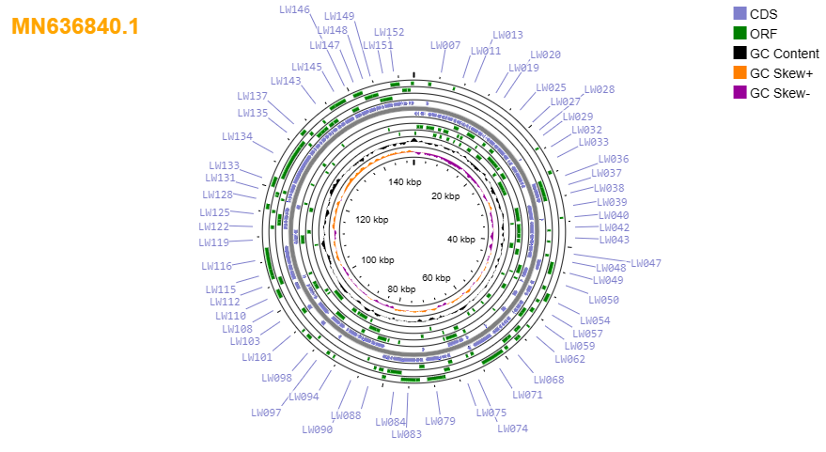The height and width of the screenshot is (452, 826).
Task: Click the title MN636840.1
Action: point(75,26)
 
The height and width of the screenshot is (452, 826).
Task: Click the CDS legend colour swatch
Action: point(740,14)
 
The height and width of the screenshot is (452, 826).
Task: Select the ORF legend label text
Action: point(763,34)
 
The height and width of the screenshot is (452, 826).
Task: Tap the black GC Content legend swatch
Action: point(740,54)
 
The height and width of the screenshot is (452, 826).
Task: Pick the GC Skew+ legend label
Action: point(781,73)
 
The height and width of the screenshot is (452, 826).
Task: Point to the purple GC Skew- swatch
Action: point(740,93)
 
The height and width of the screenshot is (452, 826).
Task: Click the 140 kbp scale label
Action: point(405,182)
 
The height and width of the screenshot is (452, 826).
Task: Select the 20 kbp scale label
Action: point(445,196)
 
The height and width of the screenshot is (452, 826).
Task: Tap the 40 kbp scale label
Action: point(461,240)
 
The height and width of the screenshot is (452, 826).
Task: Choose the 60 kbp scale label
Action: point(436,277)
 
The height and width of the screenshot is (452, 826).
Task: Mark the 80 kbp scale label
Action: point(401,288)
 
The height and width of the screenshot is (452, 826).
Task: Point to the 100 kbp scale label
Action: point(378,259)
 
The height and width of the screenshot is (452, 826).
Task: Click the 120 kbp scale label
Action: point(372,220)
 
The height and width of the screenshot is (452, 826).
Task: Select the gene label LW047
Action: point(646,263)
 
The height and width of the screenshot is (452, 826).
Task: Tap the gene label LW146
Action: point(294,9)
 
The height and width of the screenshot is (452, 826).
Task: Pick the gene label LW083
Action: point(406,434)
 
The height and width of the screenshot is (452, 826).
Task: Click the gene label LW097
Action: point(266,413)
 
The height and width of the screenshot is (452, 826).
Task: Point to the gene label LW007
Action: point(445,45)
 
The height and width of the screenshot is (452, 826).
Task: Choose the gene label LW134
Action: point(237,136)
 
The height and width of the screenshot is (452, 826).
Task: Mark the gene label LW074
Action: point(512,429)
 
